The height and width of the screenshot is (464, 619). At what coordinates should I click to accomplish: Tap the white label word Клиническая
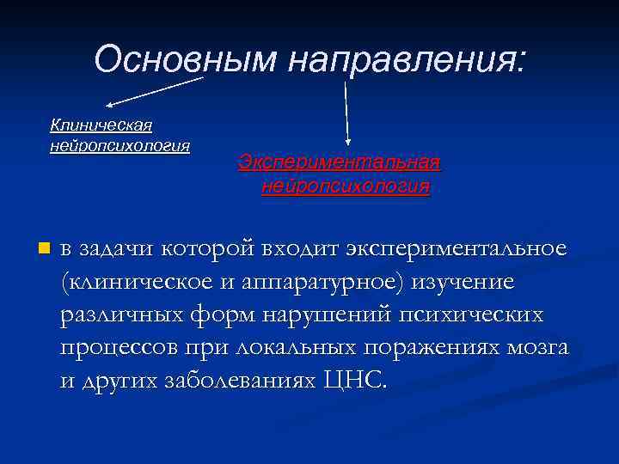pyautogui.click(x=101, y=125)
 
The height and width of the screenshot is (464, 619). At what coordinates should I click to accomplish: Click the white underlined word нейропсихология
pyautogui.click(x=120, y=144)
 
